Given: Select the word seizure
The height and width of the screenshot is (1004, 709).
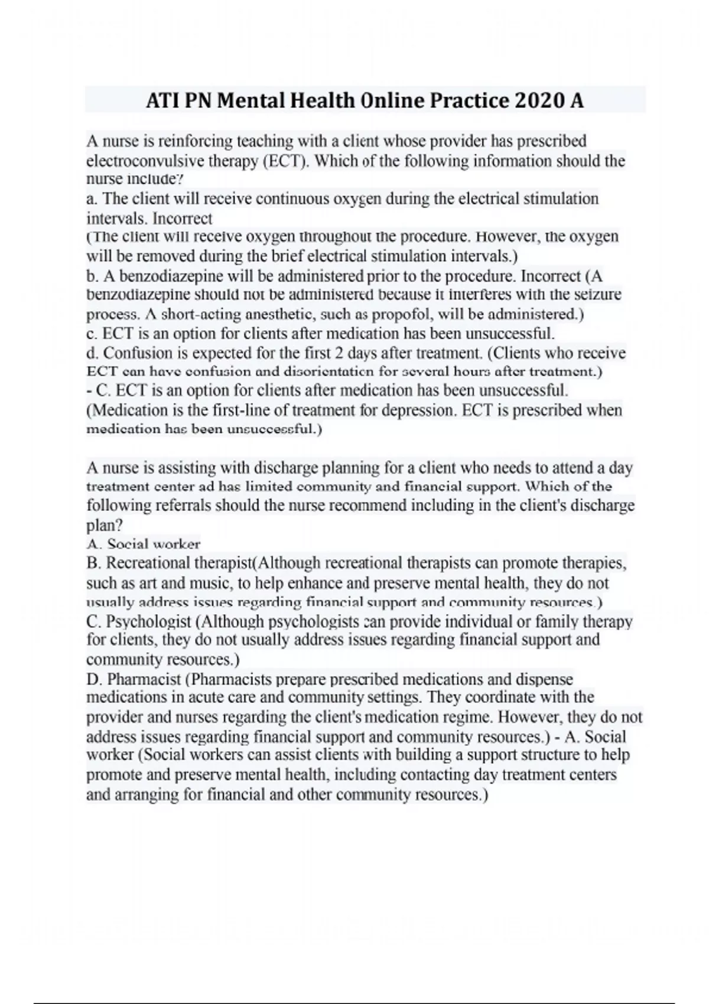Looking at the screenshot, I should [598, 294].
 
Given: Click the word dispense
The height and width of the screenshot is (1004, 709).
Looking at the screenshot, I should [544, 679].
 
